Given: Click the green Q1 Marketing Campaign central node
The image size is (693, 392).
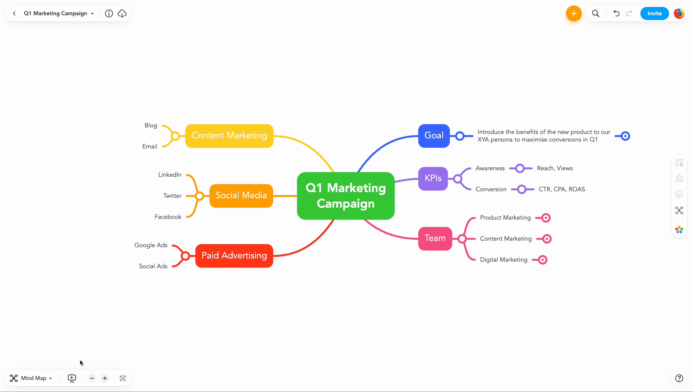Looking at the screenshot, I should (x=345, y=196).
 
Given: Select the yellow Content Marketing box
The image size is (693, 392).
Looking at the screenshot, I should (x=229, y=136).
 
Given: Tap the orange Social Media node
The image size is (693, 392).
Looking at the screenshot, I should (x=241, y=196).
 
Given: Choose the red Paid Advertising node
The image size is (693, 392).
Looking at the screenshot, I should (x=234, y=256).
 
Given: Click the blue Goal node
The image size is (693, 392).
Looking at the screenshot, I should (x=434, y=136).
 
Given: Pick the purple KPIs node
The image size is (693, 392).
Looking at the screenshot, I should (x=433, y=179).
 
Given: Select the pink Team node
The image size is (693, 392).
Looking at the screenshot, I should (x=435, y=238).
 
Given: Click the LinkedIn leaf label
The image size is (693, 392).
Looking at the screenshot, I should (x=170, y=175).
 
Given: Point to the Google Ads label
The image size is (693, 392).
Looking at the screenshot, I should (x=151, y=245).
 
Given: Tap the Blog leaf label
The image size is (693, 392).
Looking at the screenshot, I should (x=151, y=126).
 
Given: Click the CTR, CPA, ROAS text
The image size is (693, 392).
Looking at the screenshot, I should (x=562, y=189).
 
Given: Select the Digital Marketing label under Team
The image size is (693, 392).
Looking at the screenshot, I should (x=503, y=260).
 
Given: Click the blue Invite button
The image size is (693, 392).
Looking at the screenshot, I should (x=654, y=13).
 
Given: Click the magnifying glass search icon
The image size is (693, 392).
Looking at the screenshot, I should (x=595, y=13).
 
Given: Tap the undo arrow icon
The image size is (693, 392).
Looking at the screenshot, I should (x=616, y=13).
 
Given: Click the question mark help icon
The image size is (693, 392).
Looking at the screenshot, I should (x=679, y=378).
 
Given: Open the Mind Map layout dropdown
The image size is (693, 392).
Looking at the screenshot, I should (x=31, y=378).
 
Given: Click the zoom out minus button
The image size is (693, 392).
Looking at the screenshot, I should (x=92, y=378).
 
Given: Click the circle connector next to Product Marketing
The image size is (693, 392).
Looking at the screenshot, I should (x=546, y=218).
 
